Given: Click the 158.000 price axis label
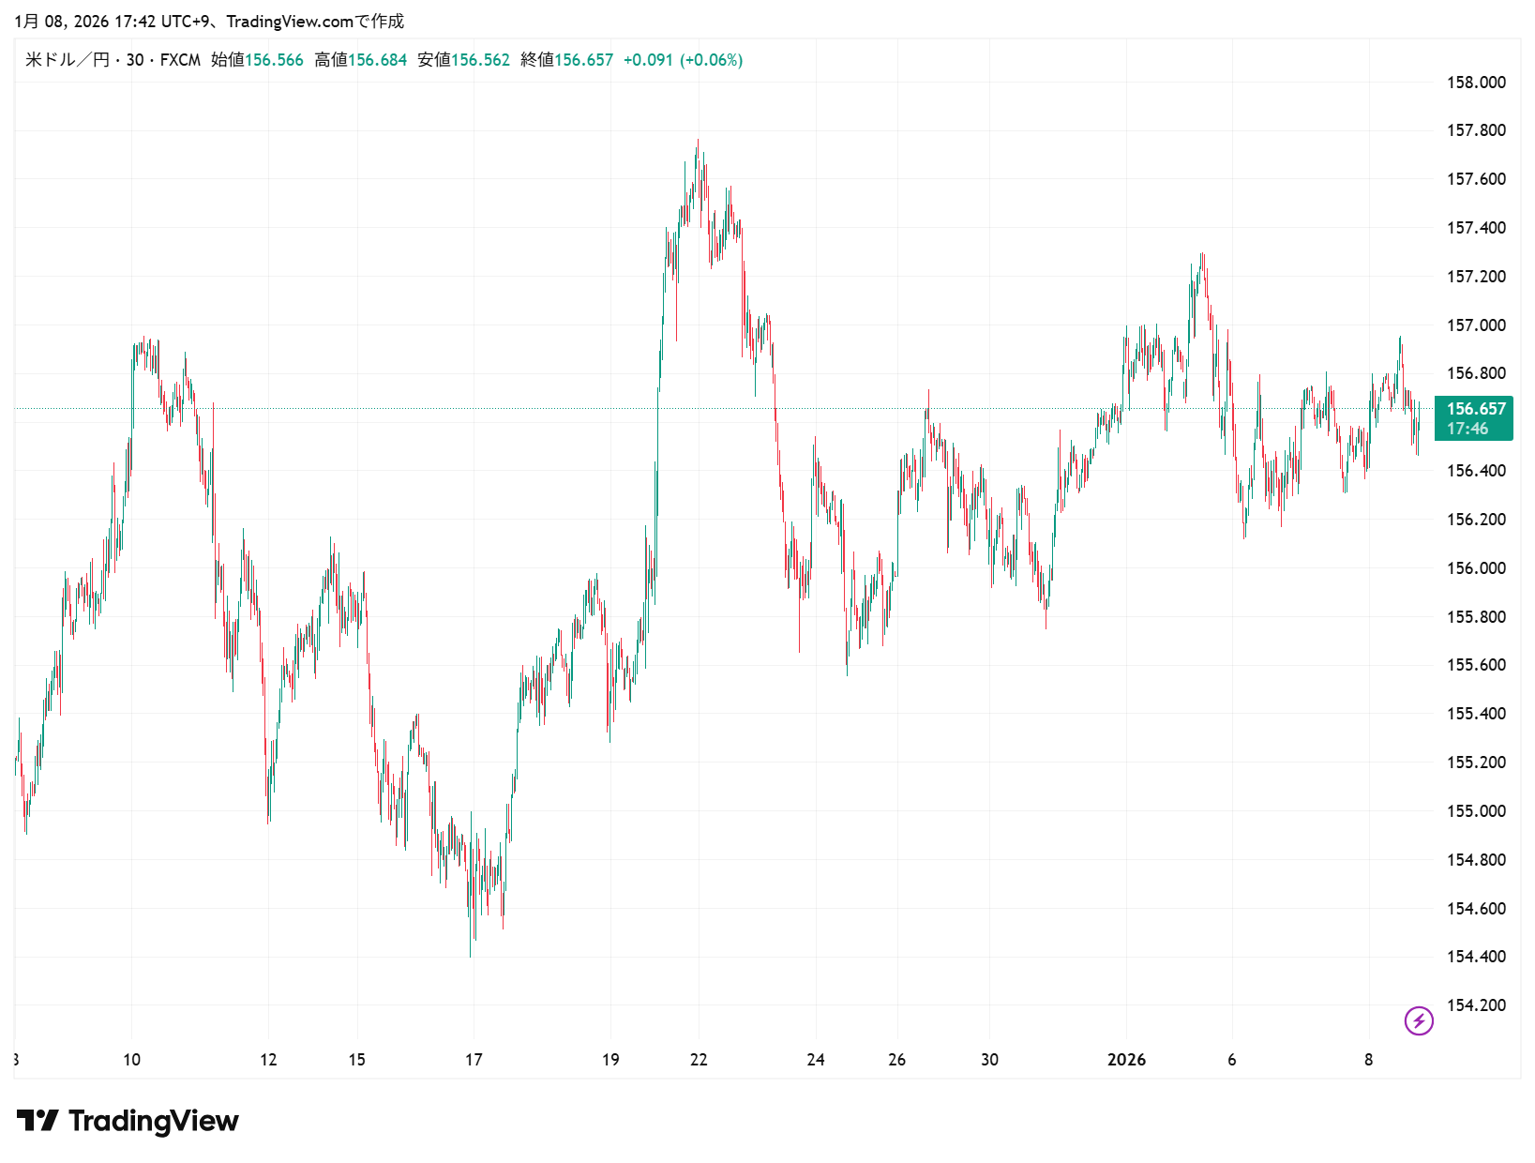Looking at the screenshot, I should coord(1475,83).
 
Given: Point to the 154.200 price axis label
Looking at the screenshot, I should coord(1475,1005).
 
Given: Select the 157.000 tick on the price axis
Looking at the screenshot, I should coord(1475,325).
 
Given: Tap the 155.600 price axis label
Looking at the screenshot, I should coord(1475,665).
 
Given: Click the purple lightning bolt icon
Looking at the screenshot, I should coord(1418,1020).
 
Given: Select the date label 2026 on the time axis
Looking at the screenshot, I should coord(1126,1060).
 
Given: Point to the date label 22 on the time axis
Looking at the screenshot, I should coord(699,1060).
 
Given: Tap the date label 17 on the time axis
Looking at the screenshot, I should coord(474,1060).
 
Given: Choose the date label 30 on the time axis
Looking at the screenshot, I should coord(989,1060).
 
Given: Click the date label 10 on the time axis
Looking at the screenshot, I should coord(131,1060).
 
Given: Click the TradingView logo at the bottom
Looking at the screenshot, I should coord(128,1121).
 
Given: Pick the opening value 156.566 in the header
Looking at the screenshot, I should coord(274,60).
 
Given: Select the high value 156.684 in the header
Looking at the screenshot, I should coord(377,60).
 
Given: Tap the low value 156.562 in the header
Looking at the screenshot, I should coord(480,60).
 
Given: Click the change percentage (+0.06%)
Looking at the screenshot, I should coord(712,60).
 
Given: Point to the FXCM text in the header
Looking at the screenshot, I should coord(180,60).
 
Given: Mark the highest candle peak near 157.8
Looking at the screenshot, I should coord(698,141).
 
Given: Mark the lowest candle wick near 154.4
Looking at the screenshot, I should coord(470,955).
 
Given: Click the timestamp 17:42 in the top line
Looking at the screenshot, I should coord(135,21).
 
